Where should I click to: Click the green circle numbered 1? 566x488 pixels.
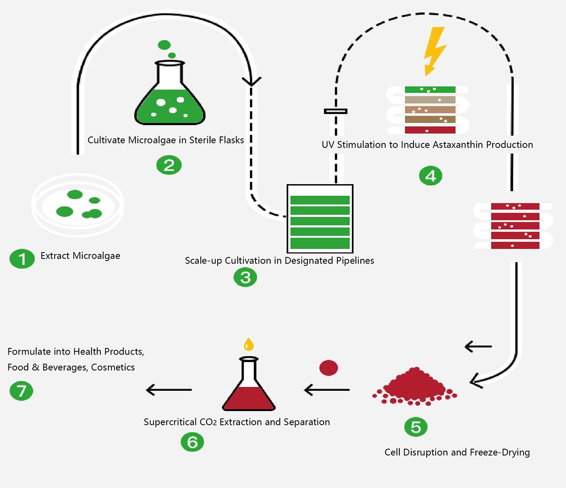(x=22, y=259)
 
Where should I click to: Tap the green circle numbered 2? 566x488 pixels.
(x=169, y=165)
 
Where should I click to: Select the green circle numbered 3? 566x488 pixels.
(x=245, y=277)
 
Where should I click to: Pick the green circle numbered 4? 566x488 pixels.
(x=430, y=176)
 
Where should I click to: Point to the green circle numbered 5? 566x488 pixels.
(x=416, y=427)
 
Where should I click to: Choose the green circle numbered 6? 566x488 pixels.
(x=192, y=442)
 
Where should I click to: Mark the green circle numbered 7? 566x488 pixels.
(x=21, y=391)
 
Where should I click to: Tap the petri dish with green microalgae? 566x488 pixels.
(x=78, y=205)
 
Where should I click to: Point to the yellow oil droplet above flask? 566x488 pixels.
(x=249, y=344)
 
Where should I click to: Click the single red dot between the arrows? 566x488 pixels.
(x=329, y=367)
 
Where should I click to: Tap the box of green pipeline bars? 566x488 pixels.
(x=320, y=219)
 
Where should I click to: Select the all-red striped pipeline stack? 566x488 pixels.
(x=515, y=226)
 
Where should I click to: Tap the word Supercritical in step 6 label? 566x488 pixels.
(x=170, y=422)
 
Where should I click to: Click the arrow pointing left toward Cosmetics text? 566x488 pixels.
(x=168, y=390)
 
